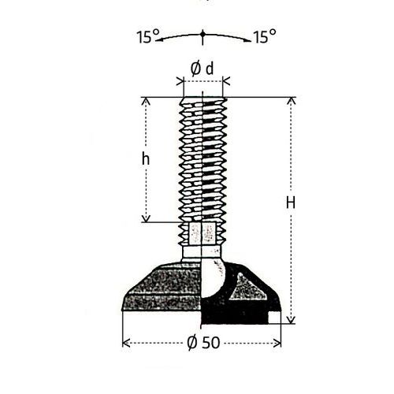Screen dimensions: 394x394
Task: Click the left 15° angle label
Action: pos(148,36)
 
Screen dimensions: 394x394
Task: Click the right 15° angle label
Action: pos(265,36)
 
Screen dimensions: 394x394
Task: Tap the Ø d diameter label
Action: pos(202,69)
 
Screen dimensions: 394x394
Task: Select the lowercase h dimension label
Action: pos(146,159)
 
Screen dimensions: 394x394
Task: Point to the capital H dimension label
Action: pos(291,203)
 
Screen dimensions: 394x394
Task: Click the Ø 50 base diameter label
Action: pos(204,343)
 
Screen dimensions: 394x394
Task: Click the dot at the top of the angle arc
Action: pos(203,34)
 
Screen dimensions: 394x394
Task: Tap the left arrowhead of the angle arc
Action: pos(159,40)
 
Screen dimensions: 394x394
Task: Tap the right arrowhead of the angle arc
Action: pos(247,40)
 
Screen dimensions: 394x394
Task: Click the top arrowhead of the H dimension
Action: pos(291,102)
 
